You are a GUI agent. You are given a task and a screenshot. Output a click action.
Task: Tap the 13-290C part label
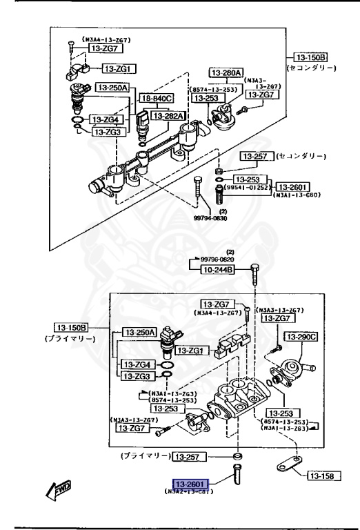(302, 337)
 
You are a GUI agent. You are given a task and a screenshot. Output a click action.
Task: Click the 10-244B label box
(217, 271)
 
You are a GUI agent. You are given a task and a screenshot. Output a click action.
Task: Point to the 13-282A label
(168, 116)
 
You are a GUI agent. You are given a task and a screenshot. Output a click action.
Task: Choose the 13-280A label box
(226, 72)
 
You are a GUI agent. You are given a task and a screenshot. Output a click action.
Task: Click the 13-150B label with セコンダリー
(311, 57)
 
